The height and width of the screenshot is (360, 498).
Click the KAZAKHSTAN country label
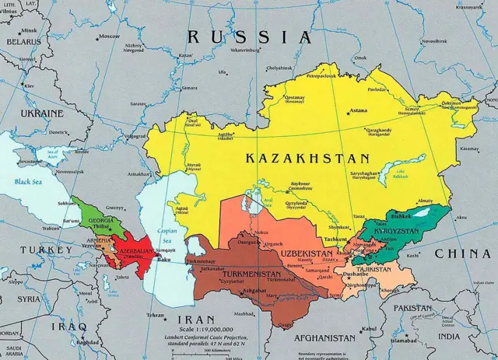click(x=295, y=157)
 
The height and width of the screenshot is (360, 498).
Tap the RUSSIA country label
click(x=248, y=37)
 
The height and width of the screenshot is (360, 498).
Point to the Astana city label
click(x=358, y=111)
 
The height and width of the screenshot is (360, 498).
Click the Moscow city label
click(x=109, y=37)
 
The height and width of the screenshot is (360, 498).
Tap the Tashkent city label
click(x=336, y=239)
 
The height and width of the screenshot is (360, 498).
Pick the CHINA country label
click(x=462, y=254)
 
